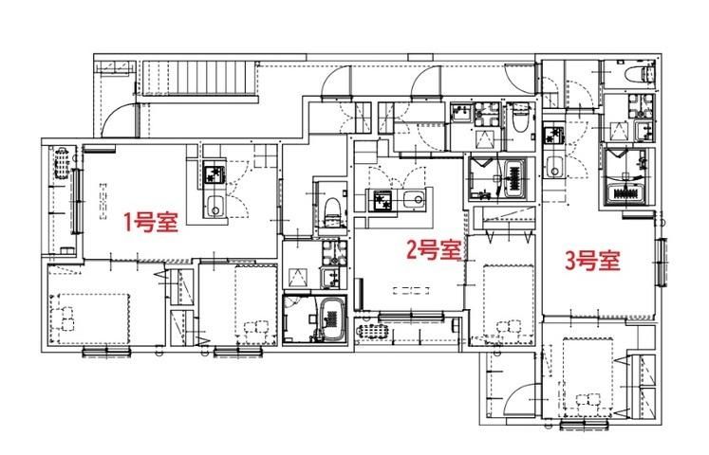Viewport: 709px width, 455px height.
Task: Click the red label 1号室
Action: [151, 222]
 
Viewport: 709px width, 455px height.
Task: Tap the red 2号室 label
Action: [434, 250]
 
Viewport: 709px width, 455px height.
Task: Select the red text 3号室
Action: [592, 261]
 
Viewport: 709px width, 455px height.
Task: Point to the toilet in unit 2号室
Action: [520, 118]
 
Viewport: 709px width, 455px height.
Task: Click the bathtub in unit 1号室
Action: [332, 320]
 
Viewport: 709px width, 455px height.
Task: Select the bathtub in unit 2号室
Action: [514, 178]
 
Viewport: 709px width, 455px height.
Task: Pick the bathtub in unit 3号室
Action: [626, 193]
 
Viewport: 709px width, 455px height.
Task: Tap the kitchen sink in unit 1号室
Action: [215, 208]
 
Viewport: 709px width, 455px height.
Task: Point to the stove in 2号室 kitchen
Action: [382, 200]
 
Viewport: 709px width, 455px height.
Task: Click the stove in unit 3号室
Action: [554, 135]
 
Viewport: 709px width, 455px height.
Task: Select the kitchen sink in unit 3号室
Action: [554, 168]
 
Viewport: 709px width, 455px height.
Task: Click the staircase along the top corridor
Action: [200, 78]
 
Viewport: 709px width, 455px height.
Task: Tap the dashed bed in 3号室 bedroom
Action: [588, 378]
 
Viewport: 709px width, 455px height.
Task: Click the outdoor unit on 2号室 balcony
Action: [373, 332]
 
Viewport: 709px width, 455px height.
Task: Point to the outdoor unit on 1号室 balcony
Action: [63, 162]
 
